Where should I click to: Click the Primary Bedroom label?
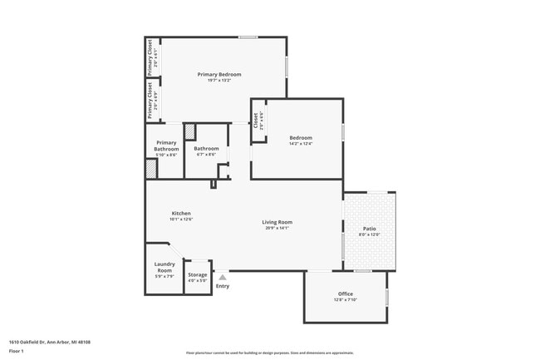coord(219,74)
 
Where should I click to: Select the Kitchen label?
coord(181,213)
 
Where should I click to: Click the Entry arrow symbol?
coord(222,278)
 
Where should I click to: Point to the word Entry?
coord(223,287)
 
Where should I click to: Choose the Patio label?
coord(369,229)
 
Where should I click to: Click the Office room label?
coord(346,293)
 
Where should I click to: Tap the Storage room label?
coord(197,274)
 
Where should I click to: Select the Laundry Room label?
coord(164,267)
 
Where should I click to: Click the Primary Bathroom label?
coord(166,145)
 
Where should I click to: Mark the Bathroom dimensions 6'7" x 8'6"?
coord(206,155)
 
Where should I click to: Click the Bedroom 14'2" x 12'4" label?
coord(301,138)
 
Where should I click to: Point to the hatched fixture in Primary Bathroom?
coord(150,169)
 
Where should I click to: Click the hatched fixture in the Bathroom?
coord(189,132)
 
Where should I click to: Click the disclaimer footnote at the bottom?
coord(269,353)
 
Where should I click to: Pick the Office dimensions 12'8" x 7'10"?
coord(346,300)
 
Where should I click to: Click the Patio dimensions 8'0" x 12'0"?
coord(369,234)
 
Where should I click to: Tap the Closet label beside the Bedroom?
coord(256,121)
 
